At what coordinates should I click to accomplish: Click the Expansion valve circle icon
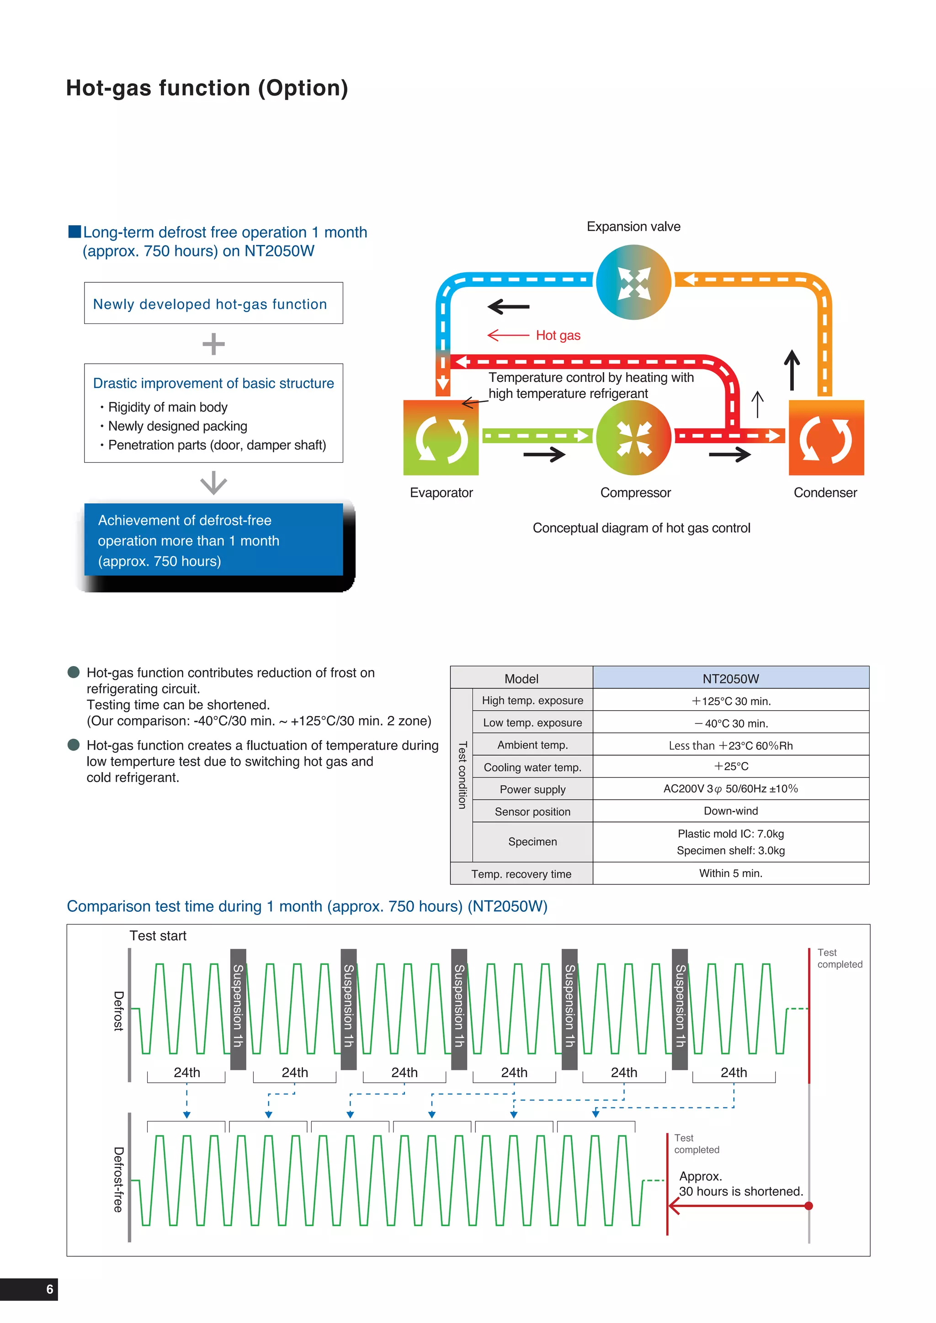tap(633, 282)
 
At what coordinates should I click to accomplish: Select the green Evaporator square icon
tap(441, 438)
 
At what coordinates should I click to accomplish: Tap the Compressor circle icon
tap(633, 438)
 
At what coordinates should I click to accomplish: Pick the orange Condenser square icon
tap(826, 438)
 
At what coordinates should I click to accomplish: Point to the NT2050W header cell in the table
tap(730, 678)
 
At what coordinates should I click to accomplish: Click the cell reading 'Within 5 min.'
tap(730, 873)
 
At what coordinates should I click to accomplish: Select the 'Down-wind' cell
tap(730, 811)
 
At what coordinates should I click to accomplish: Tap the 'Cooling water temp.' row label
tap(532, 767)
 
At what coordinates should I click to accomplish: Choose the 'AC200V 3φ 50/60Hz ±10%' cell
tap(730, 788)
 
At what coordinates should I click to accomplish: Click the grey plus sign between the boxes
tap(213, 344)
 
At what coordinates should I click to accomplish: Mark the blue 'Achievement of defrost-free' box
tap(213, 540)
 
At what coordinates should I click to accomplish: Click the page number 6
tap(49, 1289)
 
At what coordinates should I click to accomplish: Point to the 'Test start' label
tap(158, 936)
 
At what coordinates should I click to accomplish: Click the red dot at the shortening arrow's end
tap(808, 1206)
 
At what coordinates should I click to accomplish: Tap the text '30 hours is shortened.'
tap(740, 1191)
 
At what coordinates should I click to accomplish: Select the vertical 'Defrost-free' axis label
tap(118, 1180)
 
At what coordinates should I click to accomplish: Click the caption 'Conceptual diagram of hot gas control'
tap(641, 528)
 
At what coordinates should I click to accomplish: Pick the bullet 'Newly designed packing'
tap(177, 426)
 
